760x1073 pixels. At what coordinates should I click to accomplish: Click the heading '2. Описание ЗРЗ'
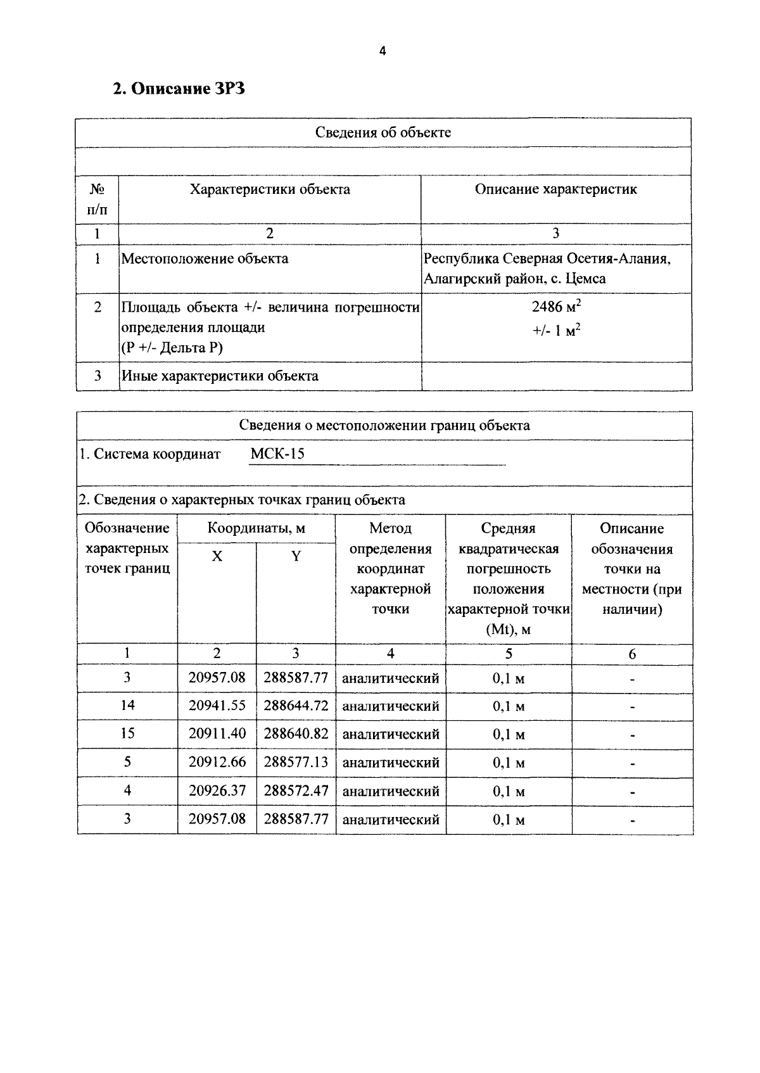(x=179, y=89)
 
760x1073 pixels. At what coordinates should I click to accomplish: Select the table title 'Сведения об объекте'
(x=383, y=132)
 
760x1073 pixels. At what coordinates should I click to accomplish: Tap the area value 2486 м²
(x=556, y=307)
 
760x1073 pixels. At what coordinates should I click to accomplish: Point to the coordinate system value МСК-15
(x=277, y=454)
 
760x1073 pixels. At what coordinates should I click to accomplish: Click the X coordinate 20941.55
(x=217, y=706)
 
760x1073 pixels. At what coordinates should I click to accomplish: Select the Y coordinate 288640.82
(x=296, y=733)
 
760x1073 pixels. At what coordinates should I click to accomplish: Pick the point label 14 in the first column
(x=127, y=706)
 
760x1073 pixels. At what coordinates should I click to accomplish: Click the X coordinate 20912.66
(x=217, y=762)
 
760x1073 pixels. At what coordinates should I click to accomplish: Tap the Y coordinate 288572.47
(x=296, y=790)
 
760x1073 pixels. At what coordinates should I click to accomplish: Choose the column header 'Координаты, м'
(x=256, y=528)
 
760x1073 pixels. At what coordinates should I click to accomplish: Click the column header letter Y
(x=296, y=556)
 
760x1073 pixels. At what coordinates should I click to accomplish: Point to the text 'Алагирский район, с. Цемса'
(x=514, y=279)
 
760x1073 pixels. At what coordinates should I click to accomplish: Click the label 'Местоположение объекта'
(x=205, y=258)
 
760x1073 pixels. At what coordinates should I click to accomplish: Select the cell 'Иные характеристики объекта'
(x=220, y=376)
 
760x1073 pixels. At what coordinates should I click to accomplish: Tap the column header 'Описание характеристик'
(x=555, y=189)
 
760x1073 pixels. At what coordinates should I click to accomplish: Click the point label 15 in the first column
(x=127, y=733)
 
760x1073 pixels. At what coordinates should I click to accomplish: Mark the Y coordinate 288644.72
(x=296, y=706)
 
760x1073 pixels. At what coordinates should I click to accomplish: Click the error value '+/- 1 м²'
(x=556, y=331)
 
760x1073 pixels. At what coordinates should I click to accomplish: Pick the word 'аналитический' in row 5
(x=390, y=763)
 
